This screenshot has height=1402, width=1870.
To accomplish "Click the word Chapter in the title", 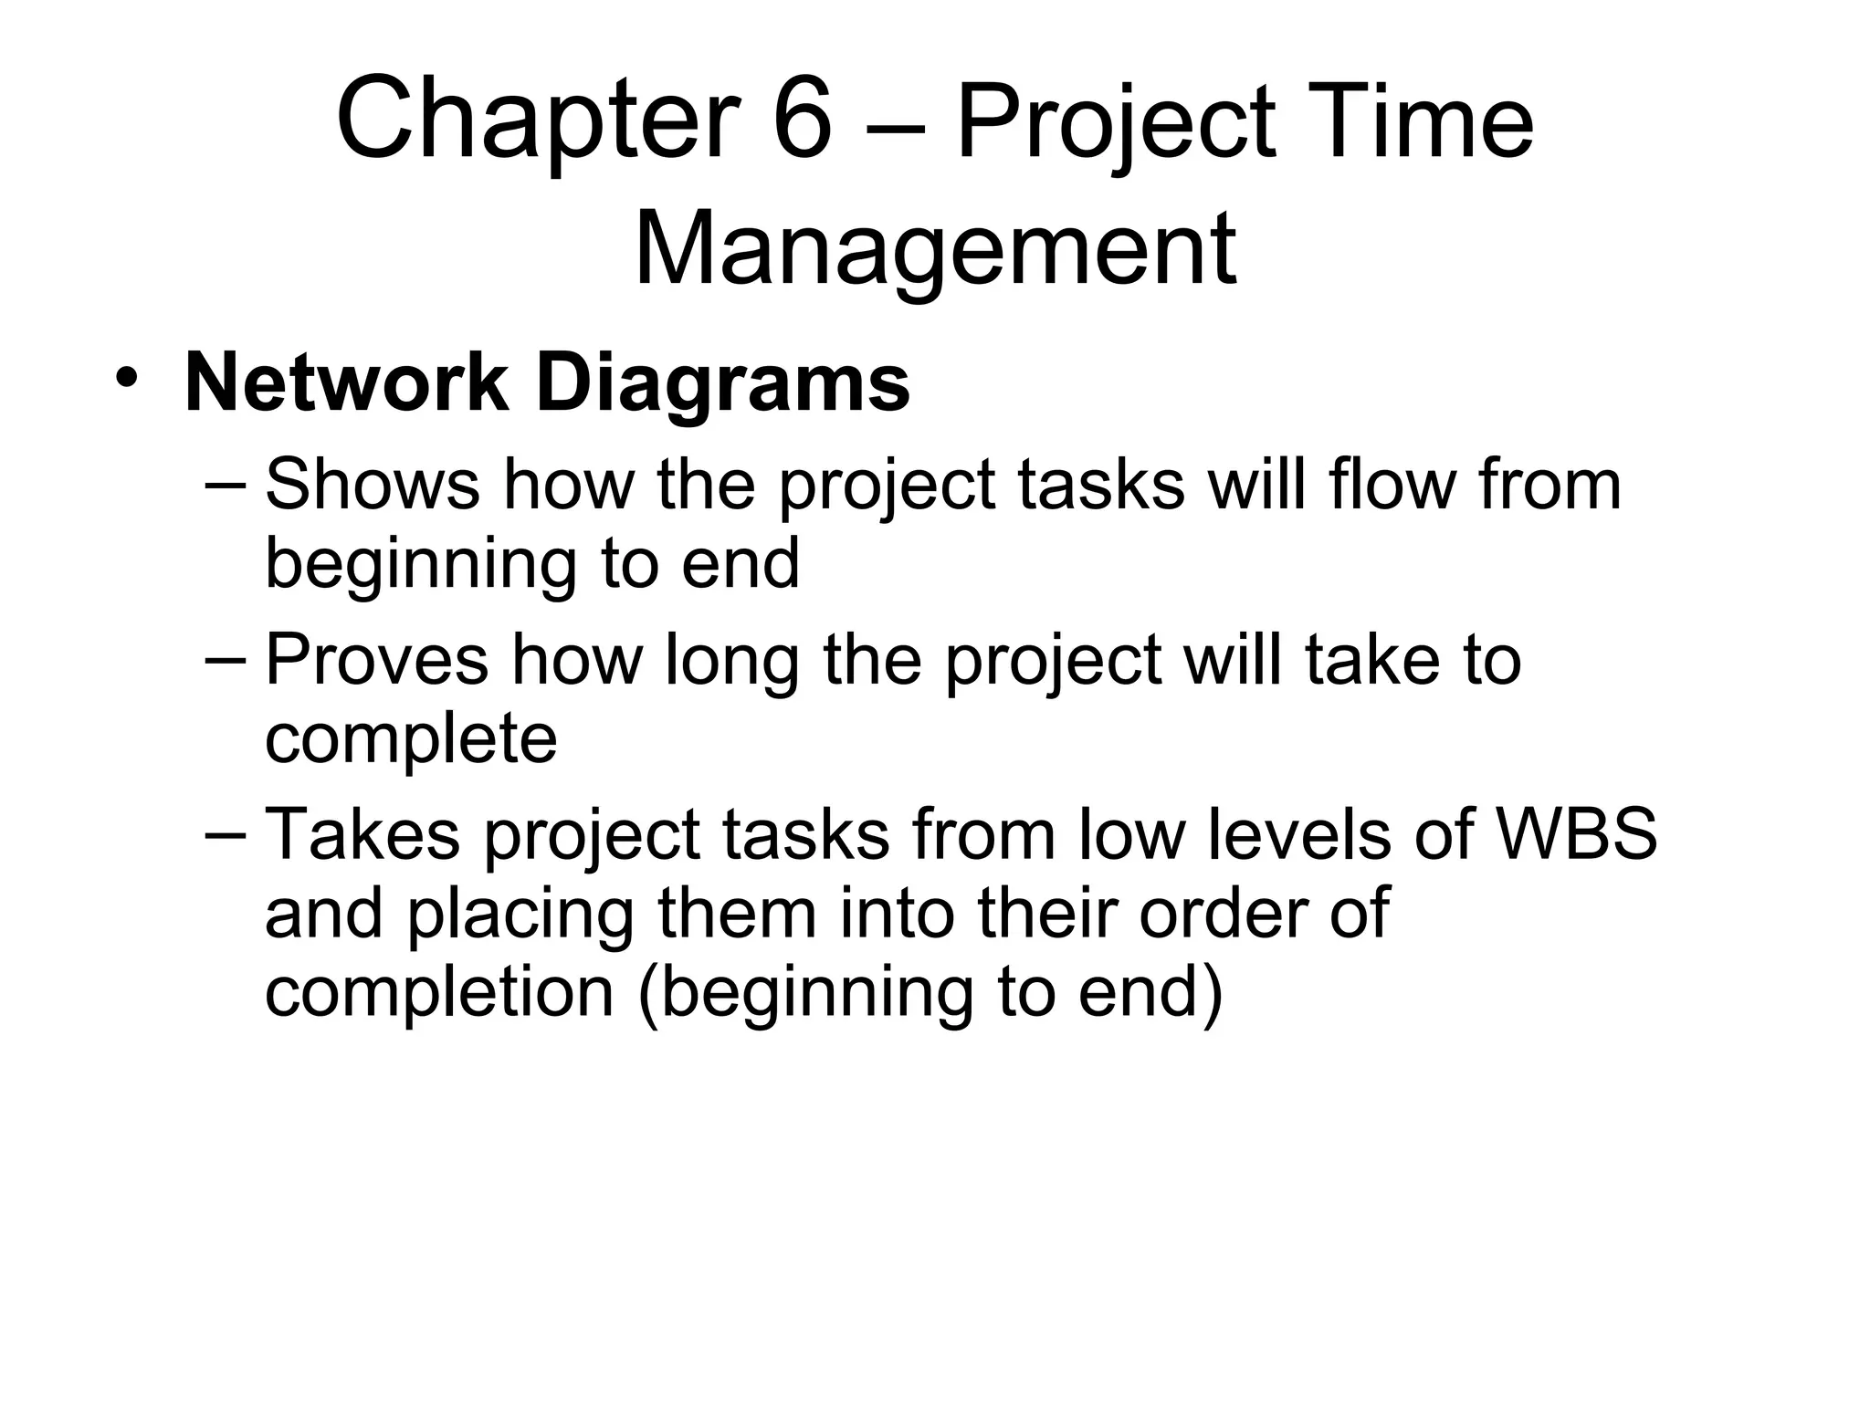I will pyautogui.click(x=538, y=121).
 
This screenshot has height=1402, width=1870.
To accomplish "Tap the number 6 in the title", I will pyautogui.click(x=802, y=121).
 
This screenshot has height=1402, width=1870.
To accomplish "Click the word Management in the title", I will pyautogui.click(x=934, y=249).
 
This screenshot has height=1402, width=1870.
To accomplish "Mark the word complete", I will pyautogui.click(x=411, y=739).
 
